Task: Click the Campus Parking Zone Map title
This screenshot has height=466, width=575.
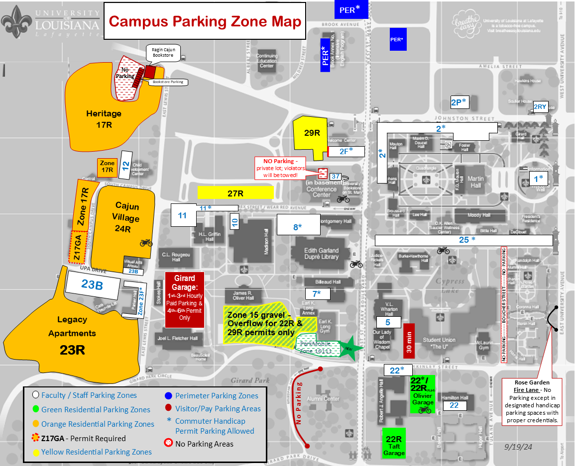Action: tap(205, 21)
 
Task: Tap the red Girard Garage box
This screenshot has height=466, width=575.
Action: tap(184, 300)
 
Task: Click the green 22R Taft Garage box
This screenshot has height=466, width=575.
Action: tap(393, 442)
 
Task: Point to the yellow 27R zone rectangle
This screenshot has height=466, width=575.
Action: tap(235, 192)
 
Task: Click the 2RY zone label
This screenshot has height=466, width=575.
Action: tap(540, 106)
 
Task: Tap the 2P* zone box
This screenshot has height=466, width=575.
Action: tap(459, 102)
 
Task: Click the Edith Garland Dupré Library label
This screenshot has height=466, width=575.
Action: tap(321, 254)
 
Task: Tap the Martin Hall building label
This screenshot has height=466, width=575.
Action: tap(475, 182)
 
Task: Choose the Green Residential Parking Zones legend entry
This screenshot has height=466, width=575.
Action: tap(96, 410)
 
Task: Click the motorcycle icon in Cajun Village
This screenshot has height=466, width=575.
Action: tap(146, 243)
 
